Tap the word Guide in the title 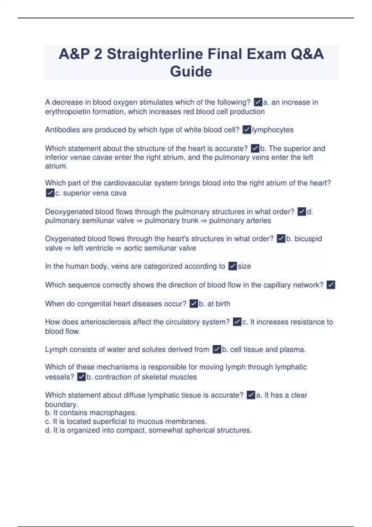[191, 71]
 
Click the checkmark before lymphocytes [247, 130]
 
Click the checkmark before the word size [232, 266]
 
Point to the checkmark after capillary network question [331, 285]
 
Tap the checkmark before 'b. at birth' [194, 303]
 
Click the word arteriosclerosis [105, 322]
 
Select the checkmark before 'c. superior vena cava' [50, 193]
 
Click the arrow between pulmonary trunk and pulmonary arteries [204, 221]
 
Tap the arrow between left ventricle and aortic [118, 248]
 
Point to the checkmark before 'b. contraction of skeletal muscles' [81, 377]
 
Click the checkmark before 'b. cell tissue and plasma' [217, 349]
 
